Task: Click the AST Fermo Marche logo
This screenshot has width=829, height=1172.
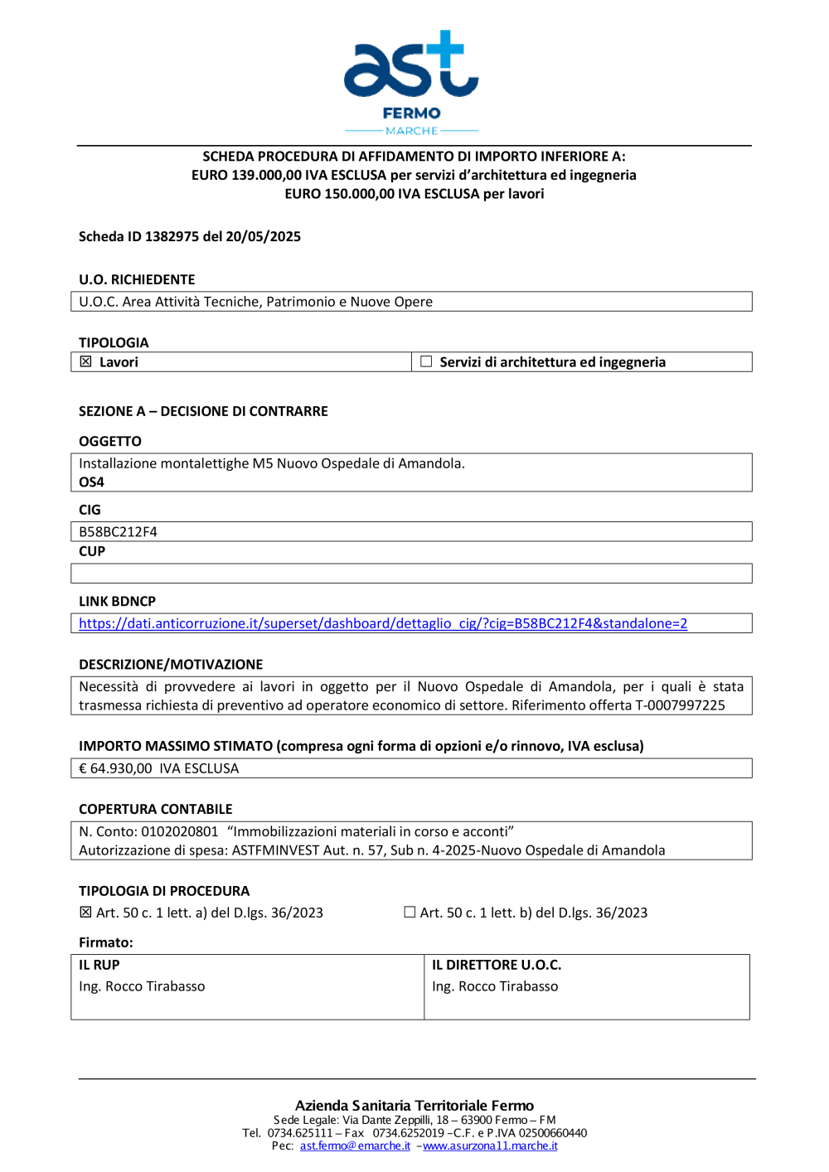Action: [411, 81]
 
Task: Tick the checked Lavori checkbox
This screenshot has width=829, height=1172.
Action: [85, 361]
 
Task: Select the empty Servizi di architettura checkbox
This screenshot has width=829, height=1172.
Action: [426, 361]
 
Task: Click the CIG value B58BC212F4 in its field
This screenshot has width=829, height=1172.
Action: [118, 531]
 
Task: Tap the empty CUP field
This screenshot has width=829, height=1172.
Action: [411, 574]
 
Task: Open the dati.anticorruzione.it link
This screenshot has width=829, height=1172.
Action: [383, 623]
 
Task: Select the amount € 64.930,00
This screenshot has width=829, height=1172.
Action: [115, 768]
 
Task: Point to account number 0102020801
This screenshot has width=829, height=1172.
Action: [179, 831]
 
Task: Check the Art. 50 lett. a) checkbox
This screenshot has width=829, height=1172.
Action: [85, 913]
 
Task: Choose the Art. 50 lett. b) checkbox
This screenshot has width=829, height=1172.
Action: [410, 912]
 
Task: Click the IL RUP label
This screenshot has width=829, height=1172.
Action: [99, 965]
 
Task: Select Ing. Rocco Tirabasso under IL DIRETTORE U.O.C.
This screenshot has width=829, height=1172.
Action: [495, 986]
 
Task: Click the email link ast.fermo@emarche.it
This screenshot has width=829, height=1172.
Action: [355, 1145]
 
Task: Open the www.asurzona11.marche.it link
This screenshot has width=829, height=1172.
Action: [490, 1145]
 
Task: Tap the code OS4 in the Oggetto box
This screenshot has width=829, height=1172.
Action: [91, 482]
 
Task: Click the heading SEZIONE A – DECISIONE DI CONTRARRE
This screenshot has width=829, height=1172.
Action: [203, 411]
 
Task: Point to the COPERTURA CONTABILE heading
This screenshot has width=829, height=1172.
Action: [156, 809]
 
